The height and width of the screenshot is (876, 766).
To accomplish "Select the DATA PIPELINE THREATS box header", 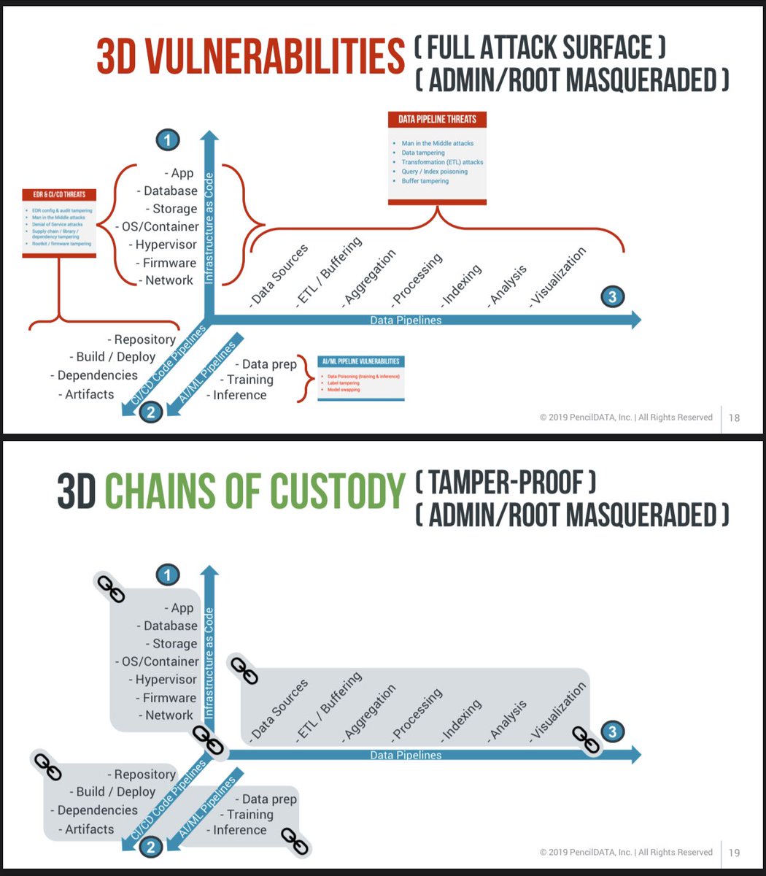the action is (x=438, y=119).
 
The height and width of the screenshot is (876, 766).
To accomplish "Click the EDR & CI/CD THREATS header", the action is (x=59, y=195).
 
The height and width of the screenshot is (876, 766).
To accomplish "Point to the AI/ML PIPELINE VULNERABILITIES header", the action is (x=360, y=361).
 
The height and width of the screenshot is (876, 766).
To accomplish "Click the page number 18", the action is (x=734, y=418).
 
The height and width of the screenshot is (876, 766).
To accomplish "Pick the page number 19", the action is (x=734, y=852).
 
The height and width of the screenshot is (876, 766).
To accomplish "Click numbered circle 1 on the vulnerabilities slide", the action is (x=168, y=139).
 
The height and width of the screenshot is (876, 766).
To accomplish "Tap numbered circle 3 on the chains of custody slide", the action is (x=613, y=731).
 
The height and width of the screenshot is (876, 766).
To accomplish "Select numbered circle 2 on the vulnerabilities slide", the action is (x=150, y=412).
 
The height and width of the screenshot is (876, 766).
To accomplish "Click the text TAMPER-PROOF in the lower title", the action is (x=506, y=482).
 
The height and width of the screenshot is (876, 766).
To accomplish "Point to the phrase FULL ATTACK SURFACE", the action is (x=540, y=47).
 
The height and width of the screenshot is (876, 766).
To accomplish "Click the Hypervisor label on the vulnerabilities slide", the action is (x=166, y=245).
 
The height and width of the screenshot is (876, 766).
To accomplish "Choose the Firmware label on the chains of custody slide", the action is (x=169, y=698).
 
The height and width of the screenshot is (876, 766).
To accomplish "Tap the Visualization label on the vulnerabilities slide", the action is (x=558, y=275).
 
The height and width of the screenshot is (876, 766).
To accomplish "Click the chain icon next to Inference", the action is (x=296, y=841).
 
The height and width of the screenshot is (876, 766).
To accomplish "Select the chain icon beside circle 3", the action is (x=585, y=739).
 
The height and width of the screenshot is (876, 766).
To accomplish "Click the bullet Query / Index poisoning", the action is (x=434, y=172).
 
